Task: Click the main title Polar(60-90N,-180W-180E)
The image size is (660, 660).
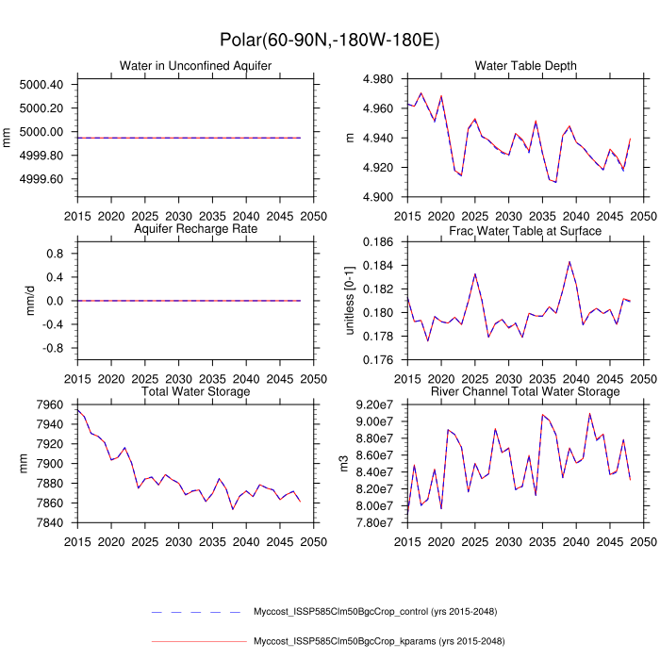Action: click(x=329, y=40)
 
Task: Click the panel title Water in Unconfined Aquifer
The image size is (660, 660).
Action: click(x=195, y=65)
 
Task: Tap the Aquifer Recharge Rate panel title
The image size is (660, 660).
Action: click(x=195, y=229)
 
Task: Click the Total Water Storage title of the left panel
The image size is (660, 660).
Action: click(x=195, y=391)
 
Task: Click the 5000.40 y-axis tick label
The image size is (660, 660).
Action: click(x=41, y=85)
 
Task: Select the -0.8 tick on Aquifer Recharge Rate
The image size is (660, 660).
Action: click(x=48, y=348)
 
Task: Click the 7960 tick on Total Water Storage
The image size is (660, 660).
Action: click(x=48, y=404)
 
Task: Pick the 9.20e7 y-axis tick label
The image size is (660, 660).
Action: click(x=375, y=404)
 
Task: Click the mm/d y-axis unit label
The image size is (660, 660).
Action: click(x=9, y=301)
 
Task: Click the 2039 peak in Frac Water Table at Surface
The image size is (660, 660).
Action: click(x=569, y=261)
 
